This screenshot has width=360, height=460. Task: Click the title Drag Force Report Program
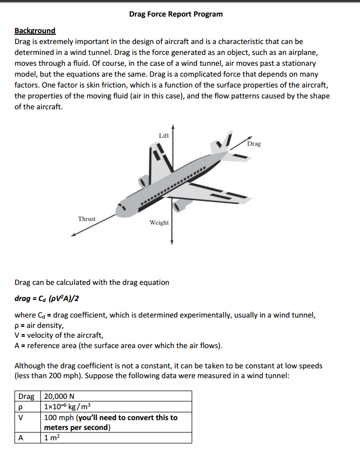[176, 14]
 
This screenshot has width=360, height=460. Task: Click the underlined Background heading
[35, 31]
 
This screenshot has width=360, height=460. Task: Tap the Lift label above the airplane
[164, 135]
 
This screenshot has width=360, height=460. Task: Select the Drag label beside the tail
[254, 143]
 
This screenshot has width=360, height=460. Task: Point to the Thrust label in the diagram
[87, 219]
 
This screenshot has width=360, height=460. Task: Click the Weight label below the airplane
[159, 222]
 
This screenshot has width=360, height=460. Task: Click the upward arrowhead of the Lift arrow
[172, 126]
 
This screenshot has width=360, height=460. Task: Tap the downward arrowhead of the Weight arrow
[172, 245]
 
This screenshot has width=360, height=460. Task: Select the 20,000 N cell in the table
[60, 396]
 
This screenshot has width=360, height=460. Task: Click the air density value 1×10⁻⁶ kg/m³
[68, 407]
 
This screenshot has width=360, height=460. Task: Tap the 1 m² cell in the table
[52, 437]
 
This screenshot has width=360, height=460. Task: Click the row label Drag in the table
[26, 396]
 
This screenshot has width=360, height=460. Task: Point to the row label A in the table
[21, 437]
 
